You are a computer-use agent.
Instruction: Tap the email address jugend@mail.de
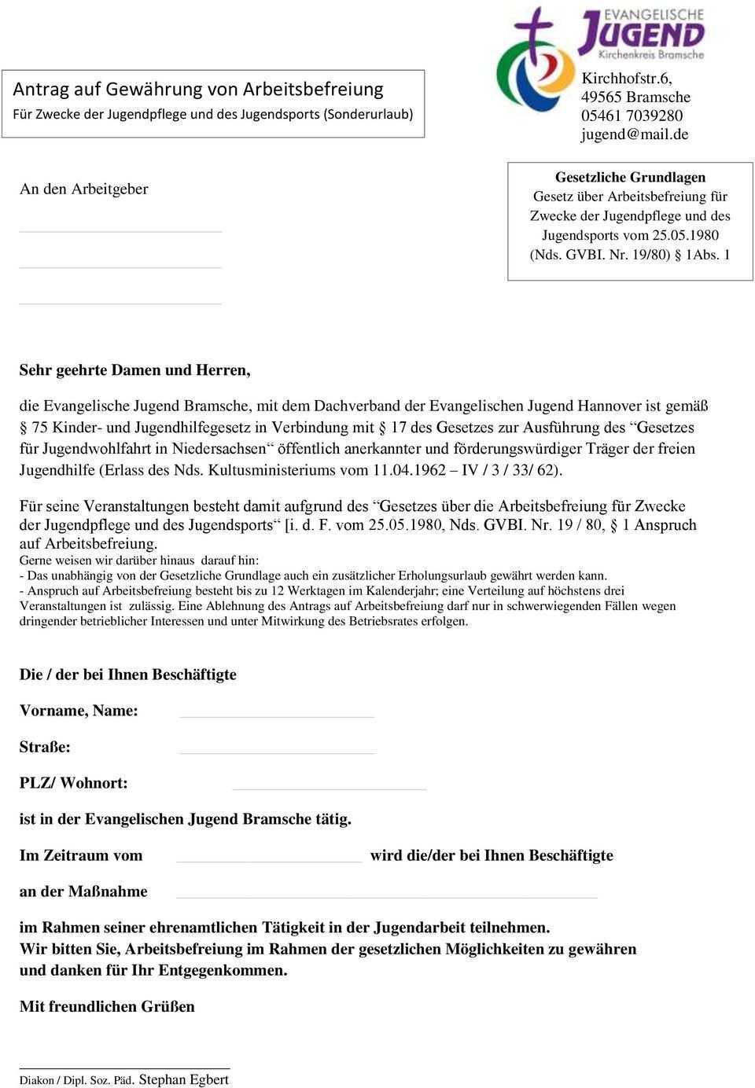[x=635, y=134]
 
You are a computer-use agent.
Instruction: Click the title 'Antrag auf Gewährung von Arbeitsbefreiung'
[x=201, y=88]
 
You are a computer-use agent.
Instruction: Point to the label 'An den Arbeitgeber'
[x=83, y=189]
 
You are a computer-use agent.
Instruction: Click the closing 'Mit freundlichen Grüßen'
[x=107, y=1006]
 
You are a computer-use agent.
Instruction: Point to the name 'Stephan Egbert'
[x=183, y=1079]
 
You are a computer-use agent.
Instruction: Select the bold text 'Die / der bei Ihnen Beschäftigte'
[x=127, y=674]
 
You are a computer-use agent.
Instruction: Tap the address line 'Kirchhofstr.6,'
[x=628, y=78]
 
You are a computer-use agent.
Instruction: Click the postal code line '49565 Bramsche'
[x=635, y=97]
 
